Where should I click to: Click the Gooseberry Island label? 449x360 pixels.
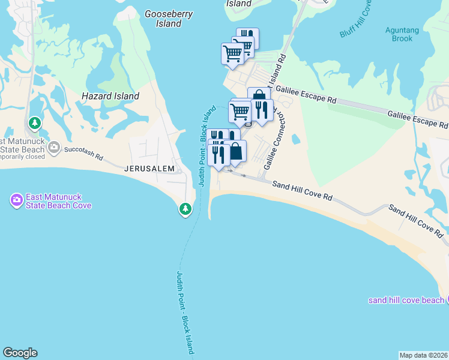point(163,18)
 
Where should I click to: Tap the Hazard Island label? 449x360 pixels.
point(110,96)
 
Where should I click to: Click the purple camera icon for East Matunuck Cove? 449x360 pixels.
point(16,199)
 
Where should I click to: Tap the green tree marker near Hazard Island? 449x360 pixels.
point(35,124)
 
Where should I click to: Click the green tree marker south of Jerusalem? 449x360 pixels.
point(186,209)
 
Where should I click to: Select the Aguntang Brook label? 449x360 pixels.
point(399,34)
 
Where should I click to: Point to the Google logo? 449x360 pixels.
point(20,353)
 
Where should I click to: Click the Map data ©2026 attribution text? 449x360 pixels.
point(423,355)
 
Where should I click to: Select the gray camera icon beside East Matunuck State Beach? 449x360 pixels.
point(55,146)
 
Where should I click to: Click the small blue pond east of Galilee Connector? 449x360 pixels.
point(295,139)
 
